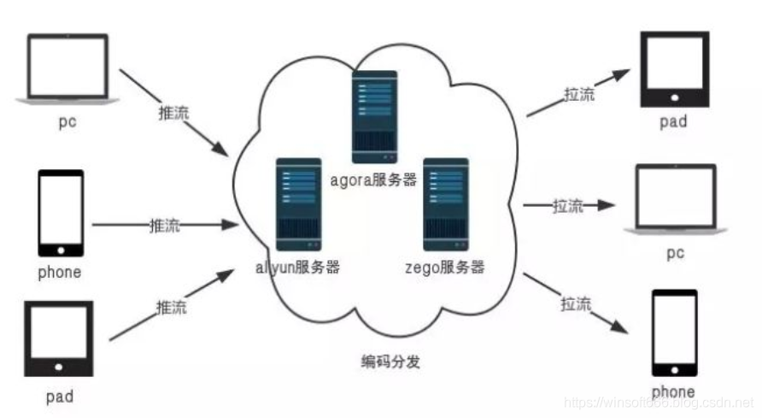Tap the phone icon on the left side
pyautogui.click(x=61, y=213)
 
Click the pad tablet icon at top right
pyautogui.click(x=675, y=69)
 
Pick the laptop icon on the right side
pyautogui.click(x=675, y=198)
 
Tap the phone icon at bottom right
pyautogui.click(x=675, y=333)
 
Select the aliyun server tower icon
pyautogui.click(x=298, y=203)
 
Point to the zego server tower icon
pyautogui.click(x=446, y=203)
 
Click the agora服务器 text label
pyautogui.click(x=374, y=180)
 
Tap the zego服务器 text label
pyautogui.click(x=445, y=267)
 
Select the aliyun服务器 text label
pyautogui.click(x=298, y=267)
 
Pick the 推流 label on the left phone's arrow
pyautogui.click(x=163, y=227)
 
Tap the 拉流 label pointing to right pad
pyautogui.click(x=578, y=95)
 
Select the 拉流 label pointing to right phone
pyautogui.click(x=576, y=303)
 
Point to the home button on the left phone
pyautogui.click(x=61, y=249)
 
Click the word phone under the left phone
pyautogui.click(x=60, y=273)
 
